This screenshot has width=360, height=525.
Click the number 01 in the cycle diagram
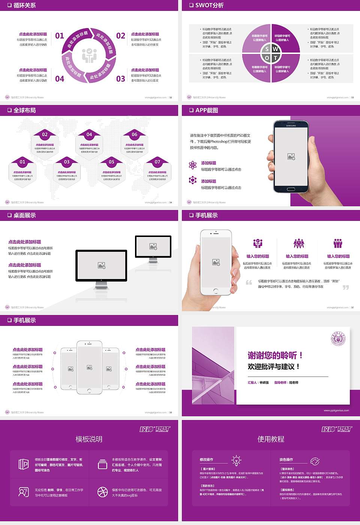click(x=60, y=36)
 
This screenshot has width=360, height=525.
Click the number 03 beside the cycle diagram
click(x=121, y=79)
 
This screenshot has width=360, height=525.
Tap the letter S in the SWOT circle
click(x=267, y=49)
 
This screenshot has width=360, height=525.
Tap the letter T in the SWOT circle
click(x=276, y=58)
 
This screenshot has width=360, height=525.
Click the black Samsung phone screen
click(x=291, y=156)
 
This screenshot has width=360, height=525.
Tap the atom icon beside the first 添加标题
click(x=193, y=165)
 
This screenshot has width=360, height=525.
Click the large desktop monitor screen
click(x=101, y=265)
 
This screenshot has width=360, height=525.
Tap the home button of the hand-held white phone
click(x=215, y=291)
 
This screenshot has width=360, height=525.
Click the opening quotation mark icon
click(x=249, y=282)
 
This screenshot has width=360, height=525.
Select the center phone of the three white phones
click(x=89, y=367)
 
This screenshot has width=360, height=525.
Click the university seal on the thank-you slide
click(x=338, y=339)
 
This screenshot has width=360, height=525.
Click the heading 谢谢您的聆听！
click(x=275, y=355)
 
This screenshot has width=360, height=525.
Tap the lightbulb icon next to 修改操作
click(x=236, y=460)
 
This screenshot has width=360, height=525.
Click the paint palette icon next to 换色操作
click(x=315, y=460)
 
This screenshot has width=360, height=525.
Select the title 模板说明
click(x=89, y=439)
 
